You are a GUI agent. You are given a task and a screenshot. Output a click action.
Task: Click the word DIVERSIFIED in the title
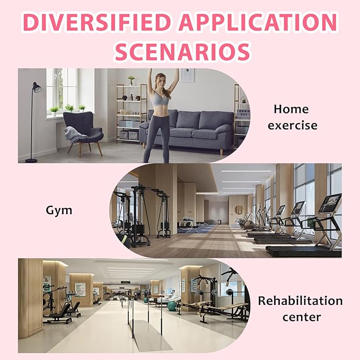coord(96,22)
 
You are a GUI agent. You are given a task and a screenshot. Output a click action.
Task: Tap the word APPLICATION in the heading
coord(258,22)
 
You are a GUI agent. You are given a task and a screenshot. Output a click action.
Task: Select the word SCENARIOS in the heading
coord(182,51)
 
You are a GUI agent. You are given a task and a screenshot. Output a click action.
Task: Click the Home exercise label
coord(292,117)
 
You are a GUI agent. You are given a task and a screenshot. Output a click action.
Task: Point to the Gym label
coord(59,210)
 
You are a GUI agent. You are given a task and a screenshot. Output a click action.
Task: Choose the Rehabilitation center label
coord(301,309)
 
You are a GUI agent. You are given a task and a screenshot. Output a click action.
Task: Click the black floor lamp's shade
coord(37,87)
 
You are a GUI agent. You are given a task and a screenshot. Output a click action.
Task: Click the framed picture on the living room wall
coord(188,75)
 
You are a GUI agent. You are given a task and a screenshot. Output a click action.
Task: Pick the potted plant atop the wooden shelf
coord(131,80)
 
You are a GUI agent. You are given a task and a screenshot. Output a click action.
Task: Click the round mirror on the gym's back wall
coord(239,210)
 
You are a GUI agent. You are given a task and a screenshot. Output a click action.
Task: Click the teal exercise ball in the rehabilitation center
coord(172,306)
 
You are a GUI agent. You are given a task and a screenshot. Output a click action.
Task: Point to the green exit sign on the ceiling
coord(125,282)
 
